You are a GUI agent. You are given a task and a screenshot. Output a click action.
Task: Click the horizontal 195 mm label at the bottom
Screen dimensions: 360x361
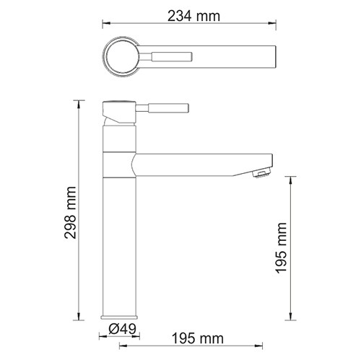click(x=197, y=338)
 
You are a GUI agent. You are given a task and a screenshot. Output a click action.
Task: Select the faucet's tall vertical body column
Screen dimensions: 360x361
click(x=119, y=238)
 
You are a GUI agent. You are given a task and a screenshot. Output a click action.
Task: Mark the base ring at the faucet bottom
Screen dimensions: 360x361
click(x=119, y=317)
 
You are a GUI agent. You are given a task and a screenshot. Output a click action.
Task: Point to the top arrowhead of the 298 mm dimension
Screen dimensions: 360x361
click(x=79, y=101)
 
